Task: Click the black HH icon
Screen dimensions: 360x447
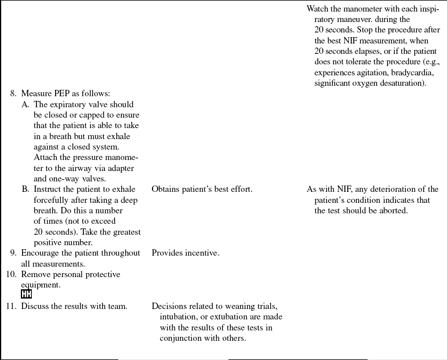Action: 26,294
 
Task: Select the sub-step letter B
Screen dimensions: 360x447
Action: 25,189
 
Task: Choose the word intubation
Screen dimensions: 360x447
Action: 180,317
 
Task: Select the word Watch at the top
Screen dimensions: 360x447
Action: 318,9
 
